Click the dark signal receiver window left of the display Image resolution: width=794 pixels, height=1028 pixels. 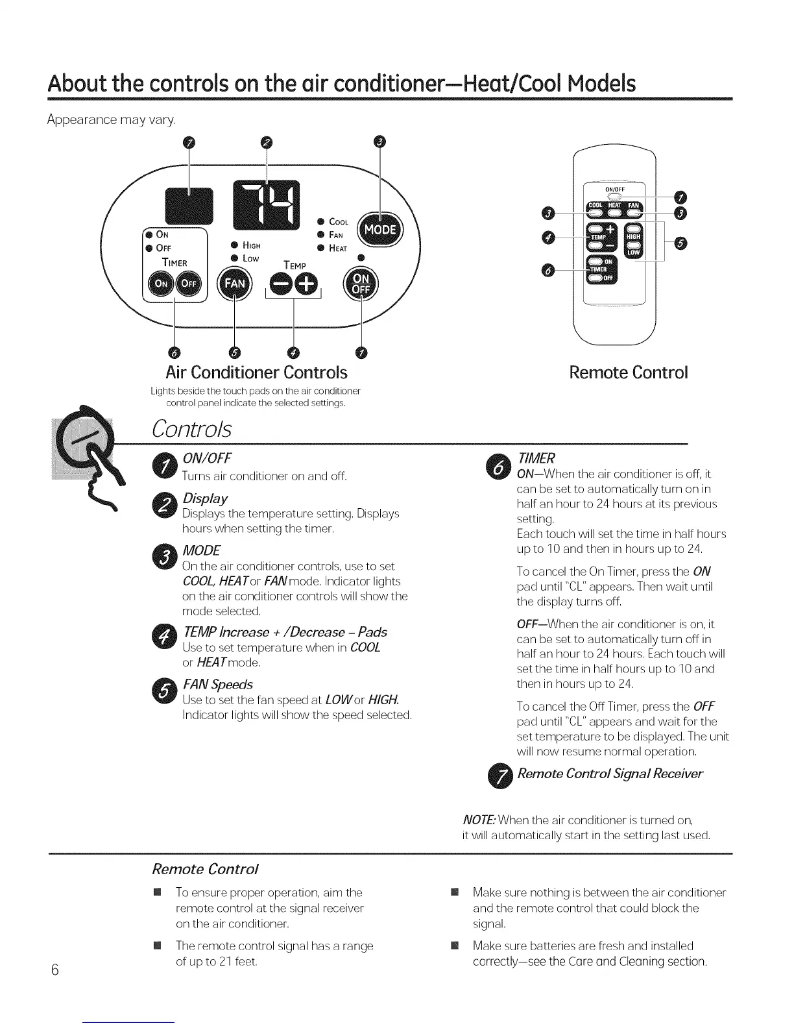(x=189, y=203)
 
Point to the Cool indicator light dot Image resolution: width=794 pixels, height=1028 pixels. (x=320, y=222)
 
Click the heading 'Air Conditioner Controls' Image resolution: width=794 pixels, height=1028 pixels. (x=256, y=373)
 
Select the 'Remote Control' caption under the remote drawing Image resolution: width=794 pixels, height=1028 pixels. (x=627, y=373)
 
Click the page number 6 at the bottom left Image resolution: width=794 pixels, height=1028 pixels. (x=55, y=970)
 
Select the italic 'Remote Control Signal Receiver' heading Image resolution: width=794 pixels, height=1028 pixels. (x=610, y=774)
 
